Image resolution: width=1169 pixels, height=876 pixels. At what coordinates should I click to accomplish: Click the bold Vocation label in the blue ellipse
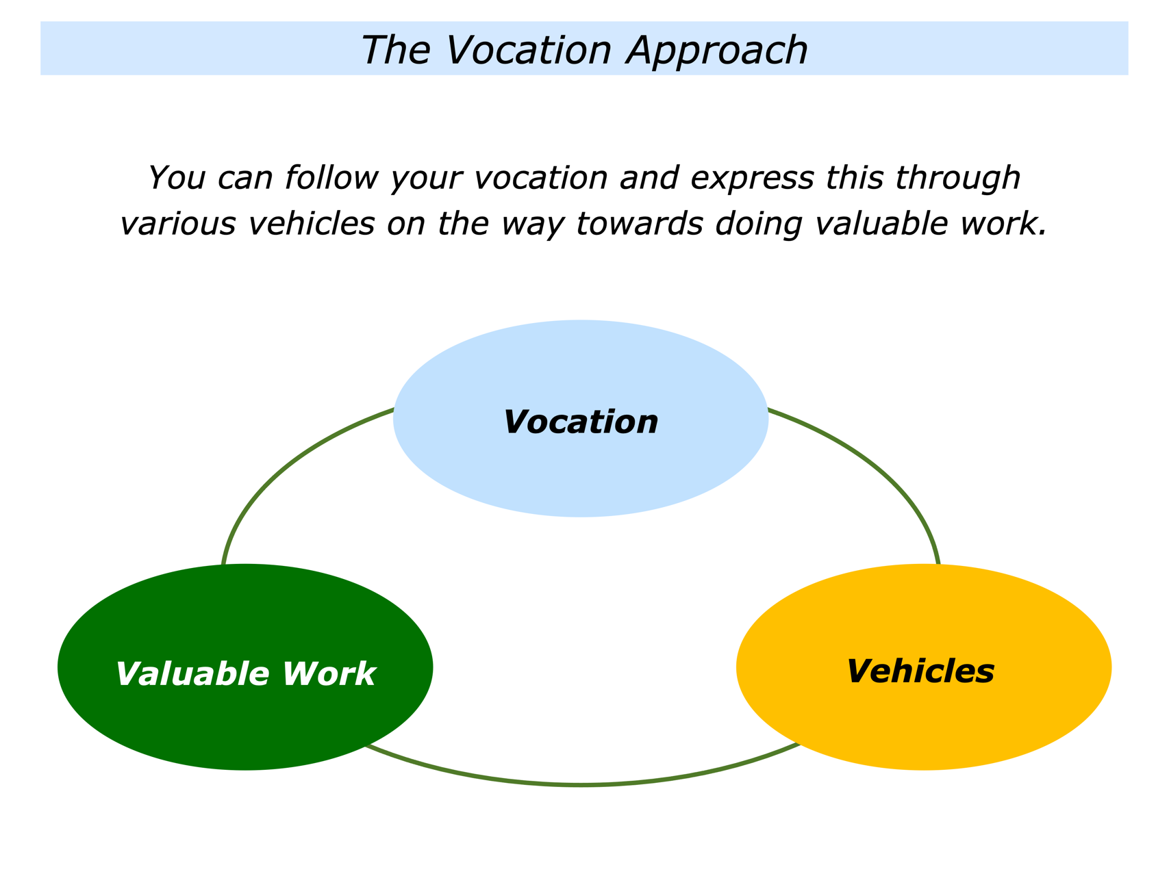pos(581,422)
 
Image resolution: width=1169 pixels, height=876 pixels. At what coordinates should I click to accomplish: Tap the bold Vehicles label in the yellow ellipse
pos(920,671)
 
